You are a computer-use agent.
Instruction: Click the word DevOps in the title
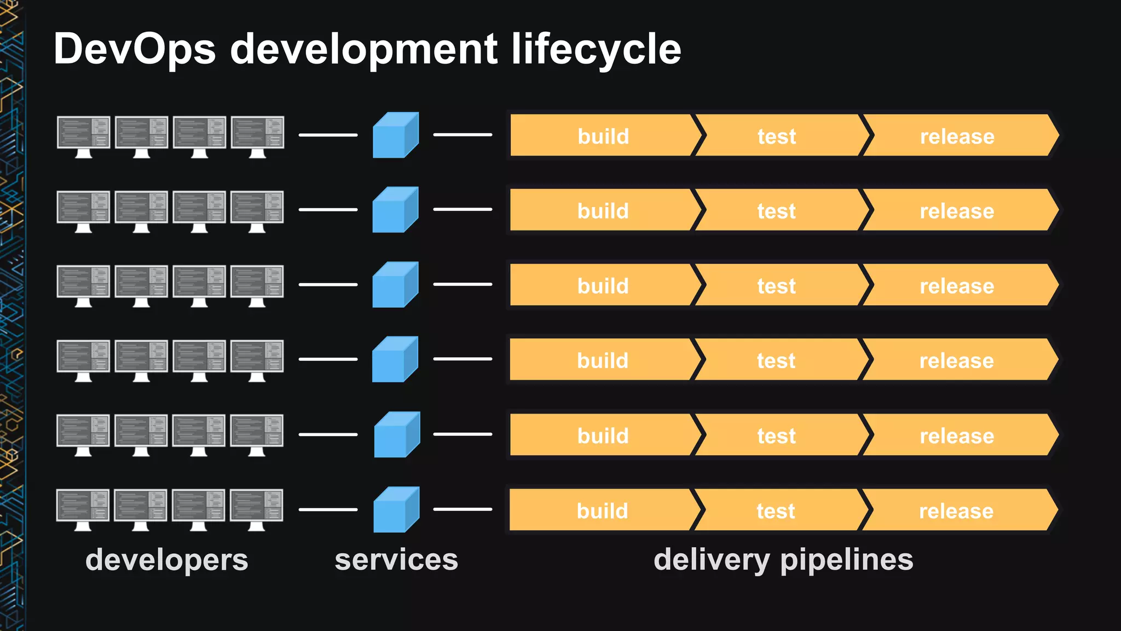(x=135, y=49)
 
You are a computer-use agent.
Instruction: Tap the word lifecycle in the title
(x=596, y=49)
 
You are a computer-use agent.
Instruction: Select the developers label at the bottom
(x=166, y=560)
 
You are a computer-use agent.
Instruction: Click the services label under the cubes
(x=396, y=560)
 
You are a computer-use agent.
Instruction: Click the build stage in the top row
(x=603, y=136)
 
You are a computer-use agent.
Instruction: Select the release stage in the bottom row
(x=956, y=510)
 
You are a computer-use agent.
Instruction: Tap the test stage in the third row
(x=776, y=285)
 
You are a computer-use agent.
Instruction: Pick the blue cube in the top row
(x=395, y=135)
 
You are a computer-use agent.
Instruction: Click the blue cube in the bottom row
(x=396, y=509)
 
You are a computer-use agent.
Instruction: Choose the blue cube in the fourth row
(x=395, y=359)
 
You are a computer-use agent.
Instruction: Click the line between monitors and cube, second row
(x=328, y=210)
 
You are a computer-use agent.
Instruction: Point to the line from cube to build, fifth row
(x=463, y=434)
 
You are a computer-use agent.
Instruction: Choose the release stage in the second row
(x=956, y=211)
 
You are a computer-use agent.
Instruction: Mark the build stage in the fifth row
(x=603, y=435)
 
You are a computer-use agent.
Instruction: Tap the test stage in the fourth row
(x=776, y=360)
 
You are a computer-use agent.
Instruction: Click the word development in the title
(x=363, y=49)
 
